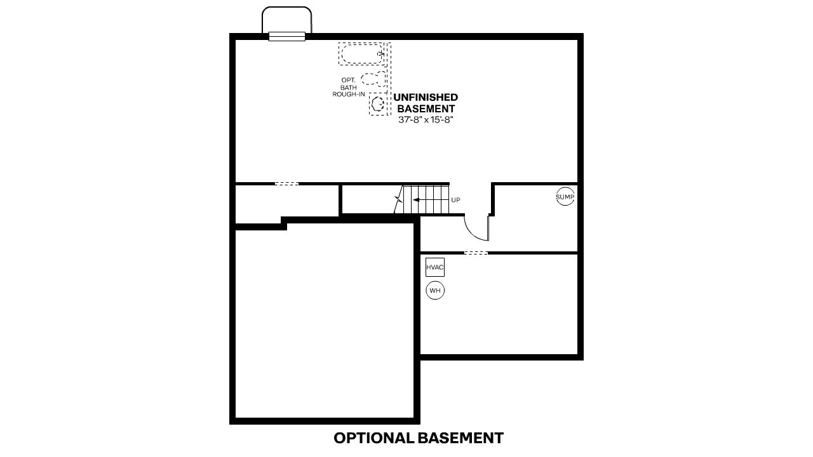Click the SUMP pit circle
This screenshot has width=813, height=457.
(565, 197)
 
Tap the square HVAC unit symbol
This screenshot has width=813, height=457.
(434, 267)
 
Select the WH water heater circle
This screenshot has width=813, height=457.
(435, 291)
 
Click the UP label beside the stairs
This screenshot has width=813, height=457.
(455, 200)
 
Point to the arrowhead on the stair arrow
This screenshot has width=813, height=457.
(414, 200)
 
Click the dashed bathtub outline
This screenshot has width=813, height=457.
(361, 54)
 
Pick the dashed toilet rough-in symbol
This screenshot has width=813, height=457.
(373, 79)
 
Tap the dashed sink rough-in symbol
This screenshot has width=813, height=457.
(379, 104)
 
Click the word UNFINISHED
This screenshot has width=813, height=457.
(426, 98)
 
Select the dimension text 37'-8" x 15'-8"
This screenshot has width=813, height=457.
(426, 119)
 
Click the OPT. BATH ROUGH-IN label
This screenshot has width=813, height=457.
(349, 87)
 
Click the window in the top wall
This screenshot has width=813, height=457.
(287, 37)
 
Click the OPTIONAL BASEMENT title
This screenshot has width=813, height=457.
(419, 438)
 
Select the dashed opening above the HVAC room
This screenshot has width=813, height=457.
(476, 253)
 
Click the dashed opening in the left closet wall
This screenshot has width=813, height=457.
(286, 184)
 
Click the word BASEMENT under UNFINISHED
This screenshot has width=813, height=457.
(426, 109)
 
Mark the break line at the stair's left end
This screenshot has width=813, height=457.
(399, 201)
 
